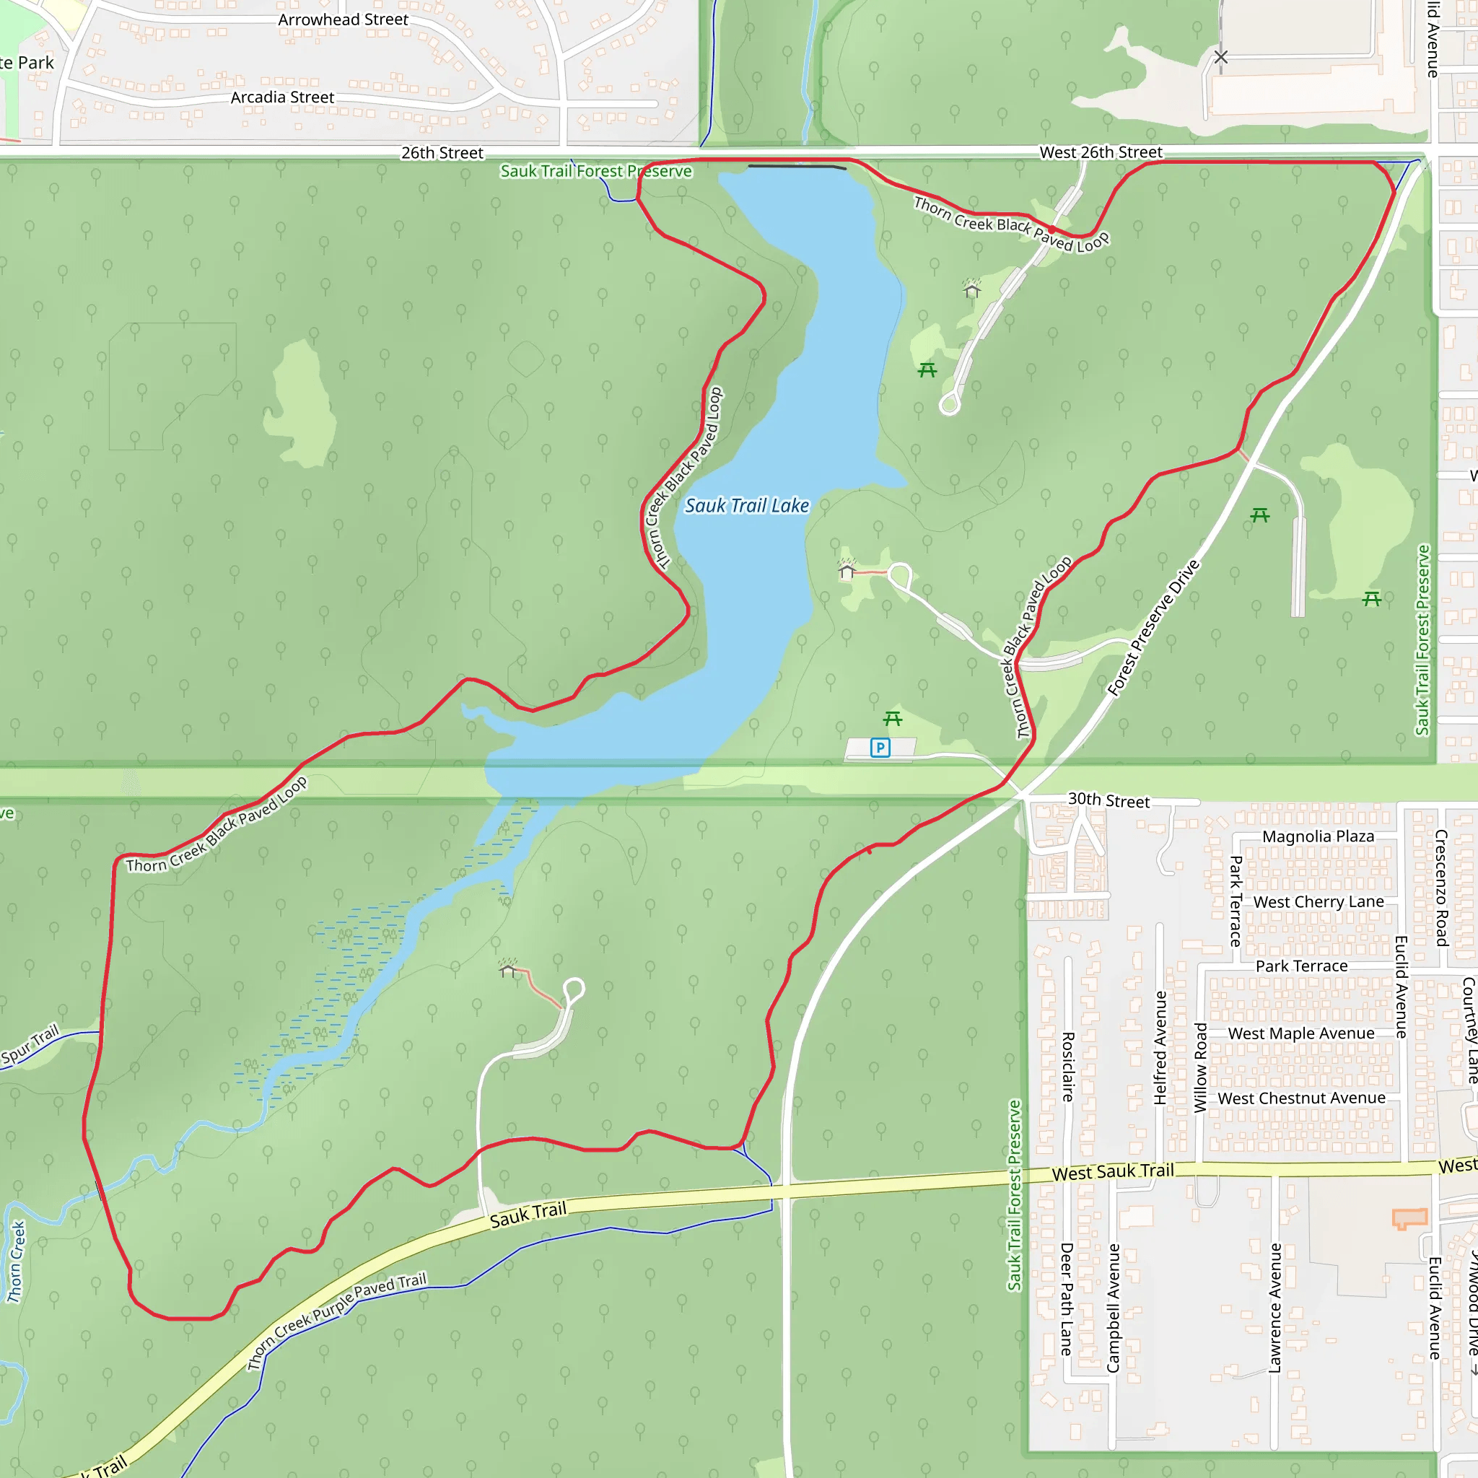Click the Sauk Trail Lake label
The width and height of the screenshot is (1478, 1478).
[x=747, y=506]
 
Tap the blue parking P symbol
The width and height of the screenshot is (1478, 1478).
[x=880, y=748]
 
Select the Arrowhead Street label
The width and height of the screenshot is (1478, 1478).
[x=343, y=20]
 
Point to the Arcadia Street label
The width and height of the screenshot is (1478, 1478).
[x=282, y=97]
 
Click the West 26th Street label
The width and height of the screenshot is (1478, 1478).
[x=1100, y=152]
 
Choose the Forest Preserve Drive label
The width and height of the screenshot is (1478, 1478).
[x=1154, y=628]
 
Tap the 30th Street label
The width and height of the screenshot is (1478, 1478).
[x=1108, y=800]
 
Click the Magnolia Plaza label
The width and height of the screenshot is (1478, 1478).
[x=1317, y=836]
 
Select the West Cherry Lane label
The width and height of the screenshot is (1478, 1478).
[x=1318, y=902]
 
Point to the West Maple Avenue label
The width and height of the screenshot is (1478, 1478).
[x=1300, y=1033]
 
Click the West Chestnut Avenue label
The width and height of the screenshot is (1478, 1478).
[x=1300, y=1098]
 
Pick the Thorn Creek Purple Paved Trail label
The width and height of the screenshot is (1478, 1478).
[x=336, y=1321]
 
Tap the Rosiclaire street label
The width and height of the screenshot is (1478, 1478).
[x=1068, y=1067]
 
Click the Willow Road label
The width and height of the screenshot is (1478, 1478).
[x=1200, y=1068]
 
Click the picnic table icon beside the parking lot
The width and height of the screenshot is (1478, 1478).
[x=893, y=718]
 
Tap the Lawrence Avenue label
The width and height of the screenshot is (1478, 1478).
[x=1274, y=1308]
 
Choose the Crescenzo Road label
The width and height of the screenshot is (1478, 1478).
[x=1441, y=888]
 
